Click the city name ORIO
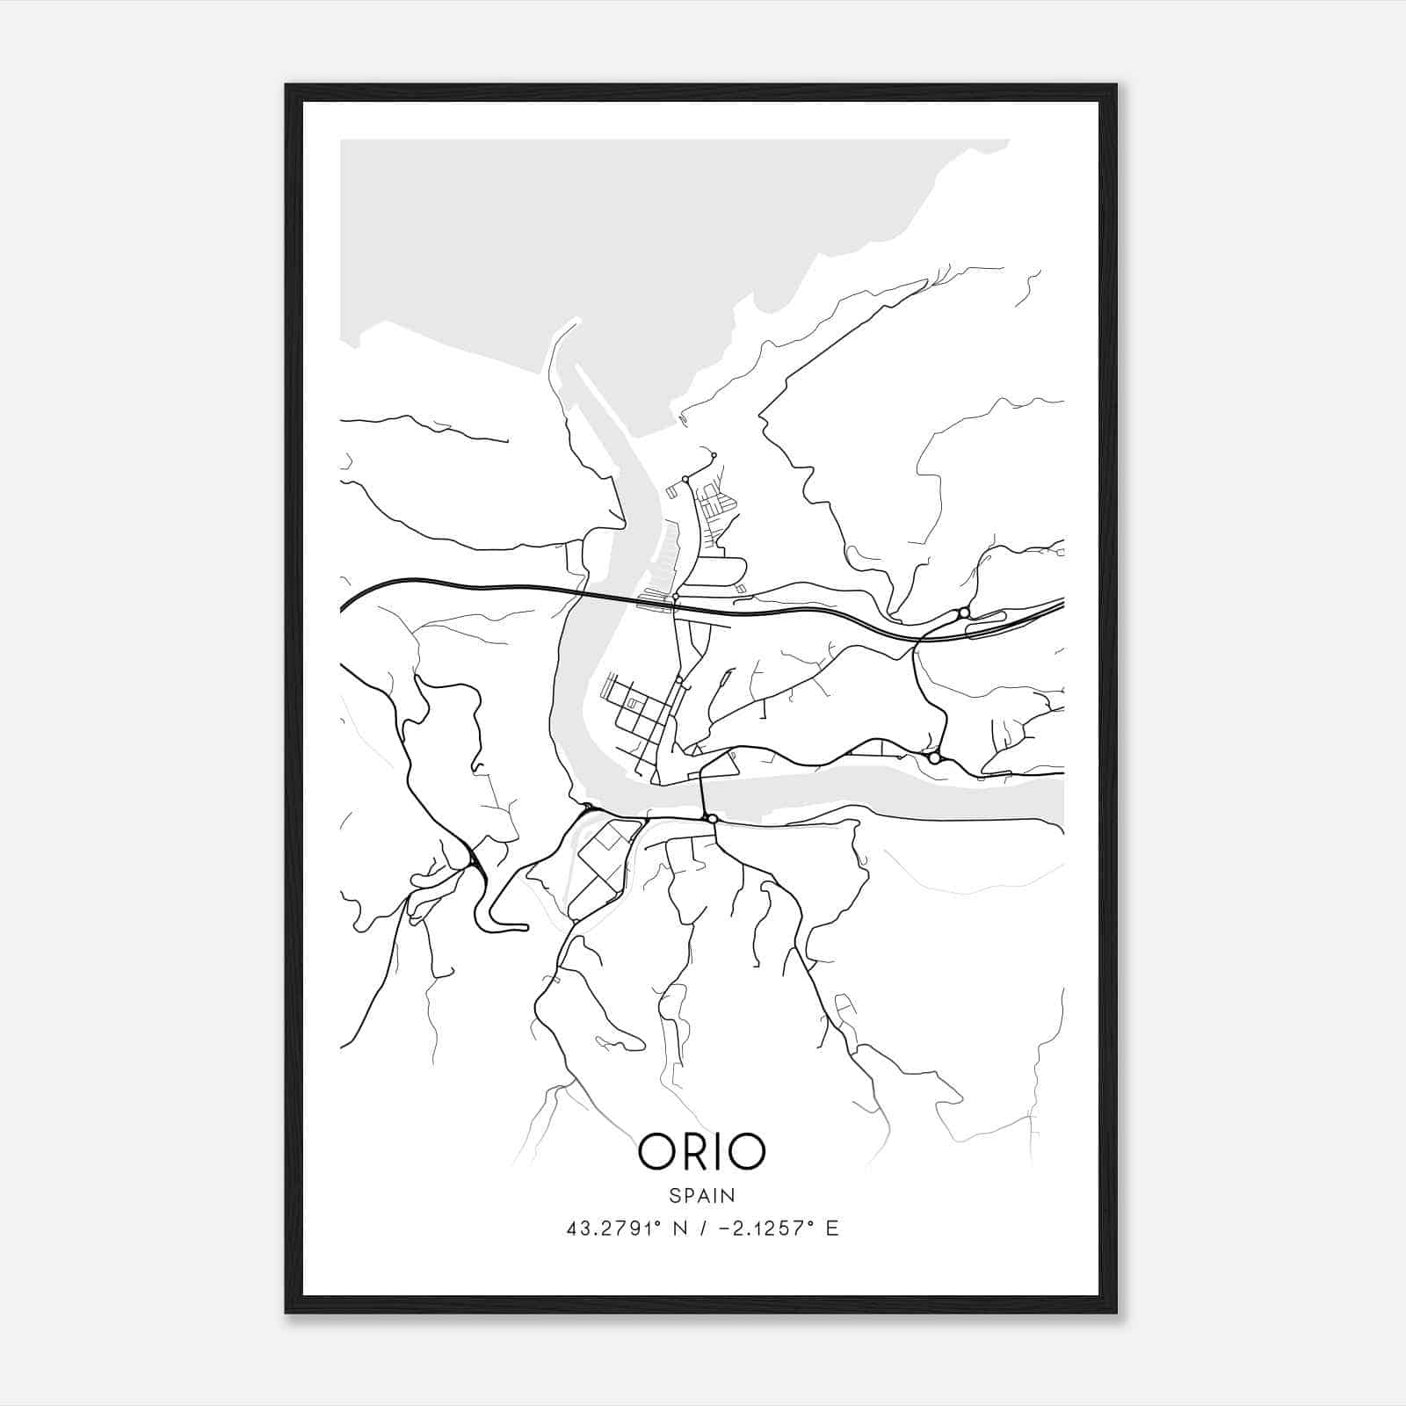(x=701, y=1151)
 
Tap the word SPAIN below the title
(x=701, y=1195)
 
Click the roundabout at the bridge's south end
(x=712, y=819)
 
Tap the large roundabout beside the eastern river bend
(x=934, y=757)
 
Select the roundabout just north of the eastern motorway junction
(x=964, y=612)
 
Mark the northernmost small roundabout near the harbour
(x=714, y=455)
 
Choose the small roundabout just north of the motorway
(x=675, y=598)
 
